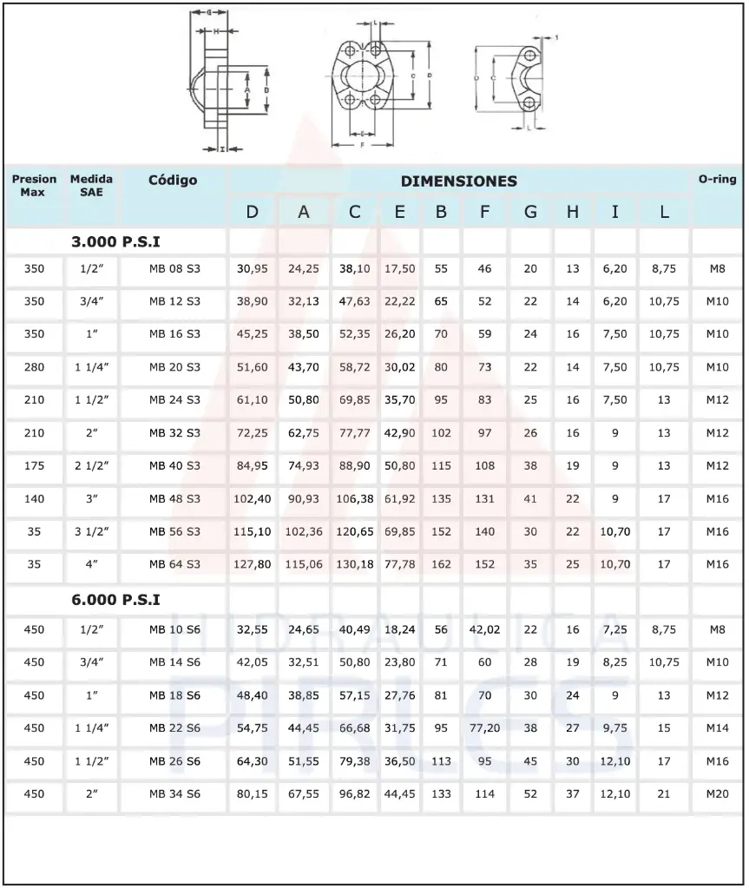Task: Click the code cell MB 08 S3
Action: pos(174,269)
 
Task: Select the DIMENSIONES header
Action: pos(458,181)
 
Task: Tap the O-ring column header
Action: pos(717,180)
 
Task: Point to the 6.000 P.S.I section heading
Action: pos(116,600)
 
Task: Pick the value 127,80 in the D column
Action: pos(253,563)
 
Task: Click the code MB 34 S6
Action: pos(174,794)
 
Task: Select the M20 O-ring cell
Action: pos(717,794)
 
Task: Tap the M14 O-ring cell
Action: pos(717,728)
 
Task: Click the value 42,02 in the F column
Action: pos(485,629)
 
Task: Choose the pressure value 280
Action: pos(34,367)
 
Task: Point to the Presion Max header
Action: pos(34,185)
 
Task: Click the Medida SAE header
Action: pos(91,185)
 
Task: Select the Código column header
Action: pos(173,181)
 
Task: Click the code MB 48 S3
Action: pos(174,498)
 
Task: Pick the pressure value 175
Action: pos(34,465)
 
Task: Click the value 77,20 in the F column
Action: pos(485,728)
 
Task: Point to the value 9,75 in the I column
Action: pos(615,728)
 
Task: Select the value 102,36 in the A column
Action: pos(304,531)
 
